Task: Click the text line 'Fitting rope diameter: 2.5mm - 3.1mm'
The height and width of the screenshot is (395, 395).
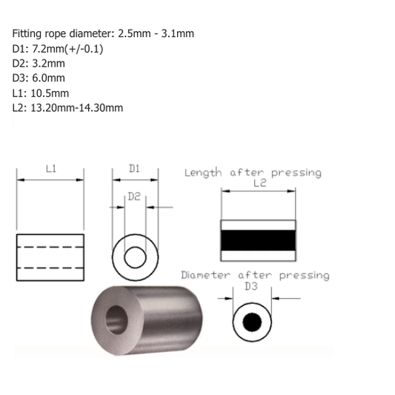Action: pyautogui.click(x=104, y=34)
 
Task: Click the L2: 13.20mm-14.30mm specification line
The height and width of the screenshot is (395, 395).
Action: pyautogui.click(x=67, y=107)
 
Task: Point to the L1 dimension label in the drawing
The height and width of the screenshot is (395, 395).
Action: pyautogui.click(x=50, y=169)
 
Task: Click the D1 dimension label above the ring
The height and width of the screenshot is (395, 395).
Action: pyautogui.click(x=134, y=169)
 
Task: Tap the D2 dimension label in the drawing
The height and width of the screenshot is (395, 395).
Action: pyautogui.click(x=134, y=197)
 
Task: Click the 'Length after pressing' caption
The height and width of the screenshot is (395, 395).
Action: pyautogui.click(x=253, y=172)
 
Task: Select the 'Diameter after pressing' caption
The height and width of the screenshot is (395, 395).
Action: pyautogui.click(x=255, y=275)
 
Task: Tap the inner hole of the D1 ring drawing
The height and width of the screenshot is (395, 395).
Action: pyautogui.click(x=135, y=257)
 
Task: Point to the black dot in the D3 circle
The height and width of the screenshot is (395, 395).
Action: pyautogui.click(x=251, y=322)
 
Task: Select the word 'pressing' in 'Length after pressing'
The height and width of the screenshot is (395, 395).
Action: pyautogui.click(x=296, y=172)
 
